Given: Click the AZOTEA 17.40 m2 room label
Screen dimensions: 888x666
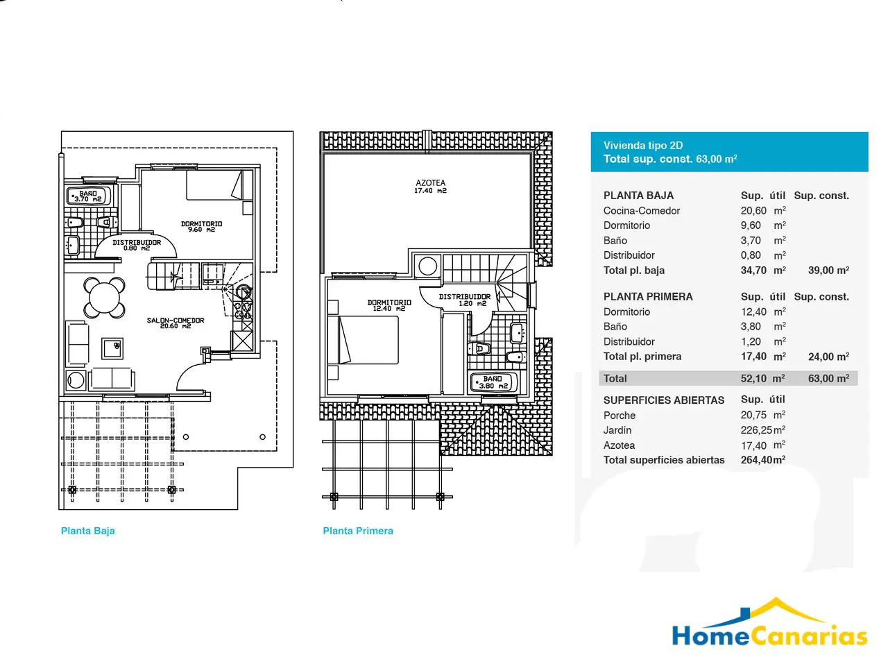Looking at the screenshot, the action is (x=430, y=187).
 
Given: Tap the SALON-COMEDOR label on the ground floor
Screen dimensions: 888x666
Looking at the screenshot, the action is (x=176, y=323).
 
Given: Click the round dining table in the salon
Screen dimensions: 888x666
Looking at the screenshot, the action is (x=104, y=298).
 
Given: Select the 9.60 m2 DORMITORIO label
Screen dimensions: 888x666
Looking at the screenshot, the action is (x=201, y=226).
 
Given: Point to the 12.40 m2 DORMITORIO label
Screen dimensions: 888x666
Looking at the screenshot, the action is (x=388, y=305).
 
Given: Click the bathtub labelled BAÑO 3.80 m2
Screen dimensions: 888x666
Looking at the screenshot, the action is (x=493, y=382).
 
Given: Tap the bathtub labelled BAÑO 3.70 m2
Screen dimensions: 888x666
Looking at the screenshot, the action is (x=88, y=196).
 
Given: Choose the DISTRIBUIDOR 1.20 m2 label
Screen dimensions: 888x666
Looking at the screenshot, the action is (x=464, y=300).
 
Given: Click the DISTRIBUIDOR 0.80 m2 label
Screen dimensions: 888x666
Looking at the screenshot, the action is (x=137, y=245).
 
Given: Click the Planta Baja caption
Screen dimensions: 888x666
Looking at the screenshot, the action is (x=88, y=531).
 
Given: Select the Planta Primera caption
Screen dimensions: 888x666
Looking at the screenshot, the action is (x=357, y=531).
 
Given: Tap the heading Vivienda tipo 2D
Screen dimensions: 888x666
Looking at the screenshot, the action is (x=643, y=146).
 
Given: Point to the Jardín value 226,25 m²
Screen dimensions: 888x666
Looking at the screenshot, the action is (x=763, y=430).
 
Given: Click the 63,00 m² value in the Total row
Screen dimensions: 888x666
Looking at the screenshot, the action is (x=828, y=379).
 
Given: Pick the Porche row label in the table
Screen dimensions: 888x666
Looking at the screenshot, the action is (x=620, y=416).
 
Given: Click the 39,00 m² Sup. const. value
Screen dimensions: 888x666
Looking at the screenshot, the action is (x=828, y=270).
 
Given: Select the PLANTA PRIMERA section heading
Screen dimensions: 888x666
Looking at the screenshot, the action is (x=648, y=297).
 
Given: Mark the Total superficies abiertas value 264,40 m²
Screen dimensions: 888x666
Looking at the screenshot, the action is (x=763, y=460).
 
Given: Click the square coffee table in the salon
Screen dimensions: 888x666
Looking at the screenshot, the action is (x=112, y=348).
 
